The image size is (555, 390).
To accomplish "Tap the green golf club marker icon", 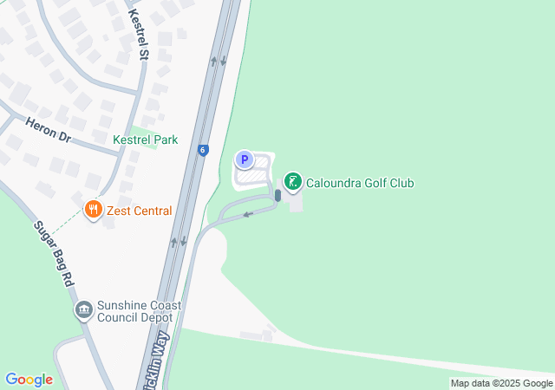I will tap(293, 182).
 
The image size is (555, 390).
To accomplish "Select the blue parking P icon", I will tap(245, 159).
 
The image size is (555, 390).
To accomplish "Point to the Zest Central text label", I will tap(139, 211).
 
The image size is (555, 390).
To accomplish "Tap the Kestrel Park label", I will tap(145, 139).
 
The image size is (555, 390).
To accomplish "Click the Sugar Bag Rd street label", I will tap(55, 254).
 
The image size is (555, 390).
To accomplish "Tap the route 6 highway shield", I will tap(202, 149).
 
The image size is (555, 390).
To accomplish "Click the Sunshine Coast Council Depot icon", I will tap(84, 310).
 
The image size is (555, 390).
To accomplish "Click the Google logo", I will tap(29, 380).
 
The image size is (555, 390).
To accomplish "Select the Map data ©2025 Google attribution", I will tap(501, 383).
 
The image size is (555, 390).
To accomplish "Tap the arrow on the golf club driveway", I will tap(247, 213).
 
